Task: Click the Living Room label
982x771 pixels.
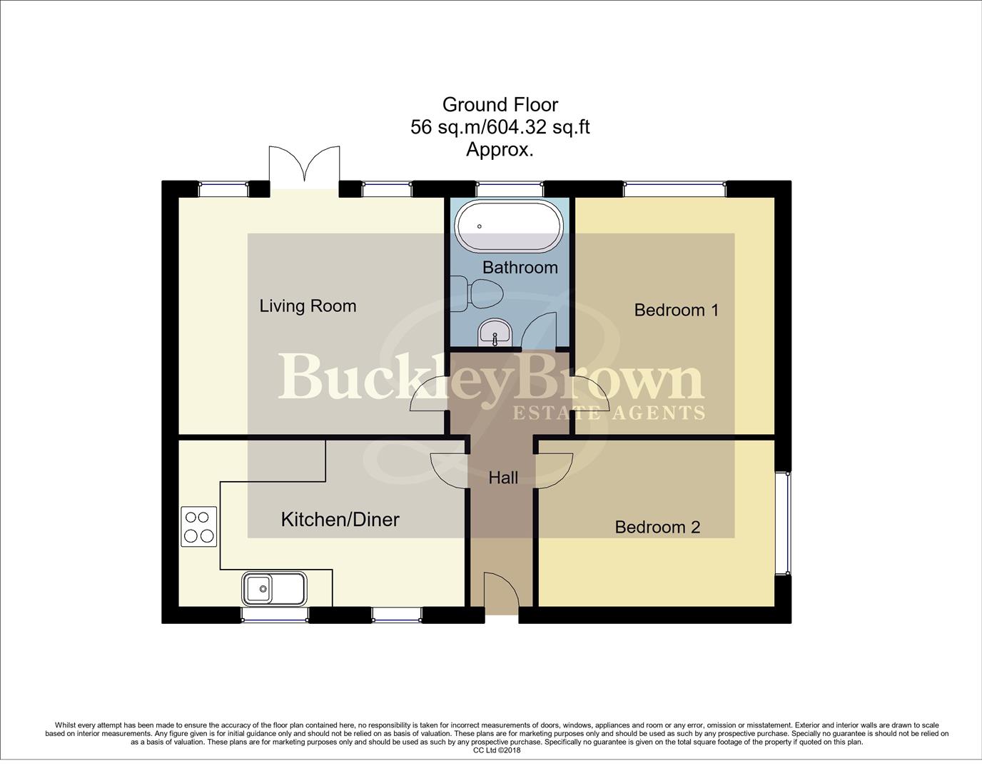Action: (x=308, y=306)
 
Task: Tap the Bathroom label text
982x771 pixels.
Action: (x=520, y=268)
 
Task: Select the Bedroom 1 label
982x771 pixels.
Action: (x=676, y=310)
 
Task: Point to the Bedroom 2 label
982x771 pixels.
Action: (x=657, y=527)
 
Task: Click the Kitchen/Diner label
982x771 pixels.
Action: (x=340, y=519)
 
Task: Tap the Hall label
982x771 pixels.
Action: (x=503, y=478)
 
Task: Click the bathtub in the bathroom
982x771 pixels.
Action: (x=510, y=226)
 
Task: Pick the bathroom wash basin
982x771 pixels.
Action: (x=494, y=332)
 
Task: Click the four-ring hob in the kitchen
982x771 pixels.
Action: (x=199, y=526)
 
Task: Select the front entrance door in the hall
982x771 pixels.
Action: (x=500, y=593)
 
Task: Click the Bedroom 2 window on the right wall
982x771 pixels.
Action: (x=784, y=523)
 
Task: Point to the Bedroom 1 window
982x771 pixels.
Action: (x=675, y=189)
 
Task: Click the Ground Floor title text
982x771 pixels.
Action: (x=500, y=105)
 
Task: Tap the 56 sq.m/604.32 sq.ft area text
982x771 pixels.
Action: (x=500, y=127)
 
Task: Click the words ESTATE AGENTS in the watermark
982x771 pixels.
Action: (x=609, y=413)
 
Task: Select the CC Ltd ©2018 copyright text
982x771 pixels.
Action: (x=497, y=750)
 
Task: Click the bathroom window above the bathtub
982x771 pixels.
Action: (x=510, y=189)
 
